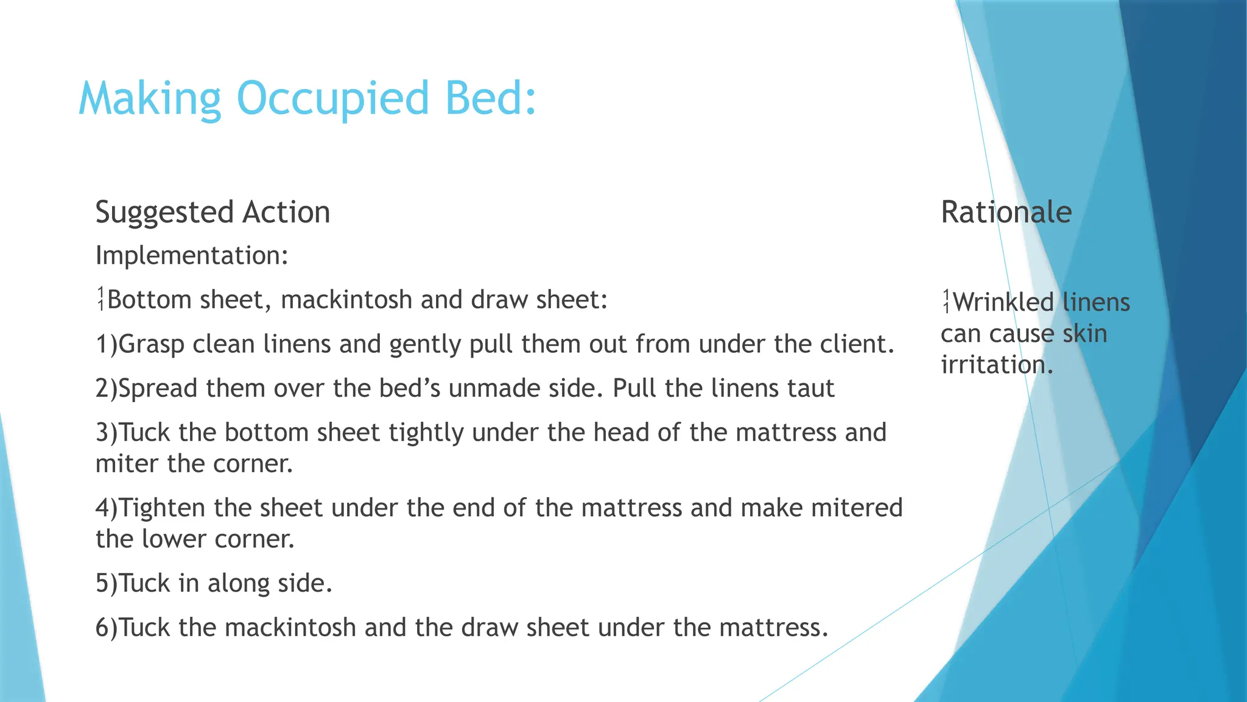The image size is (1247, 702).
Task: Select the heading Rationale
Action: point(1006,212)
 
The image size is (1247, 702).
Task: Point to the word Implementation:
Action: point(192,255)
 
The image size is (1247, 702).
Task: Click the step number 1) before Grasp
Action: point(106,344)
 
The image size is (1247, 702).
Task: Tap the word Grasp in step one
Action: point(152,345)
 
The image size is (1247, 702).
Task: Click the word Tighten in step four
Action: point(163,508)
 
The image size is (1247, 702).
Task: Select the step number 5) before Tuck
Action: point(106,583)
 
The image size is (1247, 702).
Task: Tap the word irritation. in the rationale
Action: point(997,365)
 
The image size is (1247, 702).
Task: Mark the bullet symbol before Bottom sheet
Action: point(100,299)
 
